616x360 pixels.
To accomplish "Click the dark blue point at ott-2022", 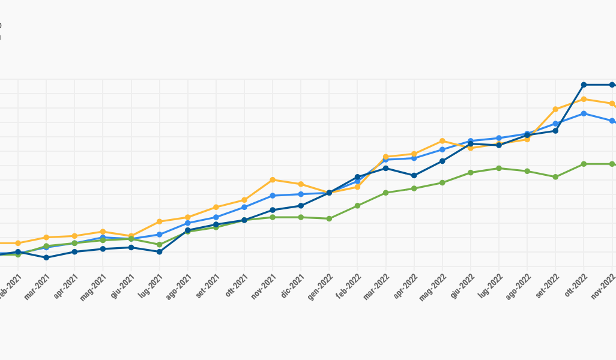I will (584, 85).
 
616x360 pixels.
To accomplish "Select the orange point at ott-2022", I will (584, 99).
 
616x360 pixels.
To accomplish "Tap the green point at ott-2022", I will (584, 164).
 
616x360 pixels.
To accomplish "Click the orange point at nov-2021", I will (273, 180).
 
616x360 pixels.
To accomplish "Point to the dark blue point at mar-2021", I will (46, 257).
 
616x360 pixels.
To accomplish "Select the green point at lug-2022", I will (499, 168).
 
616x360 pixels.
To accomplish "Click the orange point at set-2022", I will (555, 109).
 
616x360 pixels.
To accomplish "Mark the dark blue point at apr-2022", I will (414, 175).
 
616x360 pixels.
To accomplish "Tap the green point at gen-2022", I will (329, 218).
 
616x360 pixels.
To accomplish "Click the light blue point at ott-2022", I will (584, 113).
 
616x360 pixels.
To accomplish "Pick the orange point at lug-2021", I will (159, 221).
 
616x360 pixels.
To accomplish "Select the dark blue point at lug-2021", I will (159, 252).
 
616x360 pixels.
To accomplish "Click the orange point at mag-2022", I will (442, 141).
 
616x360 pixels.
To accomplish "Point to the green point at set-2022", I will (555, 177).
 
